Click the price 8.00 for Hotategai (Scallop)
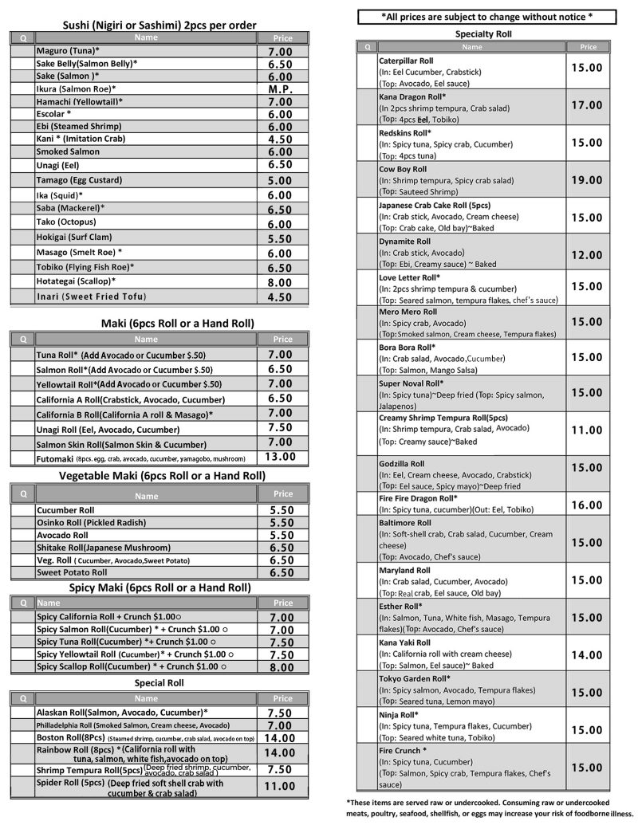[280, 282]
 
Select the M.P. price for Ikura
[280, 89]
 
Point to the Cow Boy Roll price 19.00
[586, 180]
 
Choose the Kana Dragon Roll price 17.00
[586, 105]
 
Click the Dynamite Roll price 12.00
[586, 255]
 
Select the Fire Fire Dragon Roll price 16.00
[586, 505]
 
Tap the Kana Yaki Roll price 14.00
[586, 654]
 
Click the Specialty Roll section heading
[483, 34]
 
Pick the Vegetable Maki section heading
[162, 476]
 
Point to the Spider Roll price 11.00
[280, 786]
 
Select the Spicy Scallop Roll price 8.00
[282, 667]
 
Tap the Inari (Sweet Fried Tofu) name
[91, 297]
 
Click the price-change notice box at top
[486, 16]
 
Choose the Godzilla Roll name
[401, 464]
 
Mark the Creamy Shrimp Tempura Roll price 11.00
[586, 430]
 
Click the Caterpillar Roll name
[406, 61]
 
